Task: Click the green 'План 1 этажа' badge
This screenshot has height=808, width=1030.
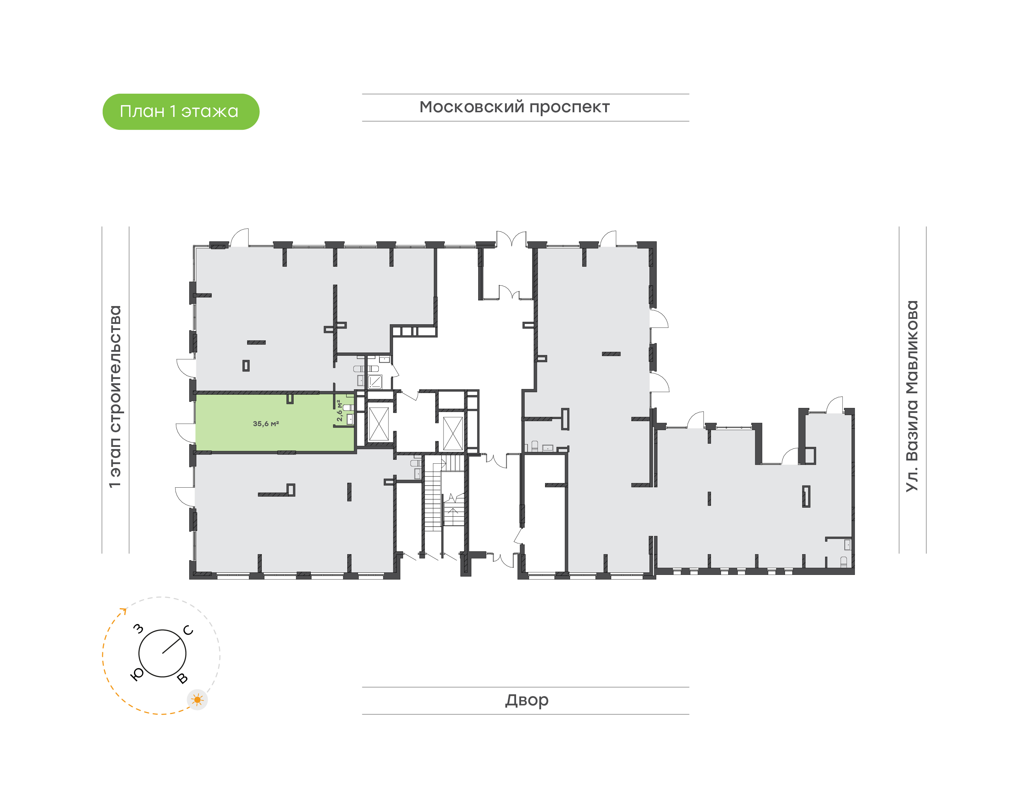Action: (181, 112)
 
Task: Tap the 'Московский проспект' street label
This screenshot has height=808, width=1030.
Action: (514, 107)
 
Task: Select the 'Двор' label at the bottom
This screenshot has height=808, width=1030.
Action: (526, 700)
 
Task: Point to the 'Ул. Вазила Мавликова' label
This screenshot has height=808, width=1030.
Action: (912, 396)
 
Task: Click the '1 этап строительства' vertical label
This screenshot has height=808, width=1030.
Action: (115, 396)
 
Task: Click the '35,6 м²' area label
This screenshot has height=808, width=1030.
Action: (265, 423)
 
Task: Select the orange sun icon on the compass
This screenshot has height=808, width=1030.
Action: (197, 700)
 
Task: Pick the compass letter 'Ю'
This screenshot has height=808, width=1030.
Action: (137, 674)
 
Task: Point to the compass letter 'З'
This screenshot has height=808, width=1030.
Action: (138, 628)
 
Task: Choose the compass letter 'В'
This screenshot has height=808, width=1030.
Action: (182, 679)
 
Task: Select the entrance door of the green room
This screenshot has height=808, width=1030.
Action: (185, 433)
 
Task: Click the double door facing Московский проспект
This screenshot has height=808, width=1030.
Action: (511, 239)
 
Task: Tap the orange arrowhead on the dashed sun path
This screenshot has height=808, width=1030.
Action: (124, 611)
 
